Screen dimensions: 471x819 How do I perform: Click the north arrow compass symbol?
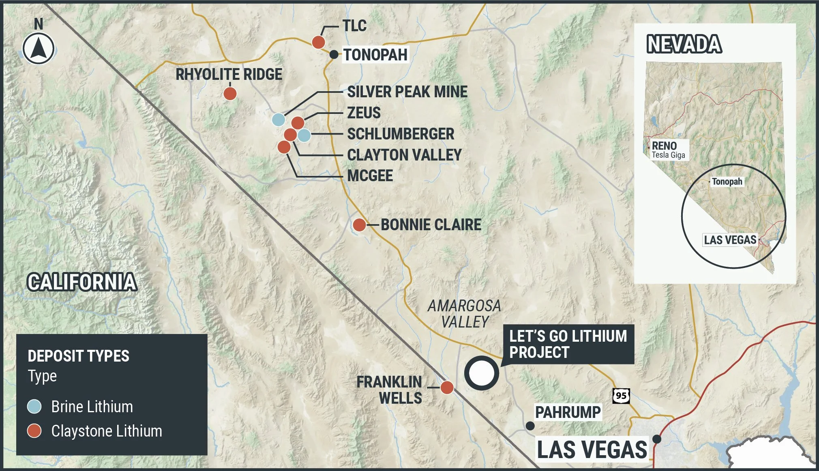(x=39, y=49)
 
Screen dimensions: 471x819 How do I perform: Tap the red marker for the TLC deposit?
(x=318, y=42)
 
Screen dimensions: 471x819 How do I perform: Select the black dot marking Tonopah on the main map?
(x=333, y=54)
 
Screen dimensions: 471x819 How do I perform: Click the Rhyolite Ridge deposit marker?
(x=230, y=94)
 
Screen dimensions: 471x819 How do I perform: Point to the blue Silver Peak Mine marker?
(x=278, y=120)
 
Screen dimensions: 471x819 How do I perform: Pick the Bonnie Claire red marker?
(x=359, y=225)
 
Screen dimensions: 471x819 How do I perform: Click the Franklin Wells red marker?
(x=447, y=388)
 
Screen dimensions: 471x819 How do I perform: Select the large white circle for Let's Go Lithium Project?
(x=481, y=373)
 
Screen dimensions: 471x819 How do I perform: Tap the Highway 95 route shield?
(x=621, y=396)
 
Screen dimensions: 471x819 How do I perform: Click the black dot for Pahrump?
(x=530, y=426)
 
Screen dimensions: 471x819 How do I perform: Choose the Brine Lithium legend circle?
(x=34, y=407)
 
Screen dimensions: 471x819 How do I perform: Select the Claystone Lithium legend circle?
(x=34, y=431)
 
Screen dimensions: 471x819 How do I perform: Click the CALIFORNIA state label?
(x=82, y=282)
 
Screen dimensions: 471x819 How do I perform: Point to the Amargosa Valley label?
(x=464, y=314)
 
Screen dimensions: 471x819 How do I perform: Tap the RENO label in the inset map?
(x=664, y=146)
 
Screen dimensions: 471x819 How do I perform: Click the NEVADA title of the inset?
(x=684, y=44)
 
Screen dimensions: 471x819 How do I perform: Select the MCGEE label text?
(x=370, y=176)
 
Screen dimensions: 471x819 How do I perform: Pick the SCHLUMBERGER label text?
(x=401, y=134)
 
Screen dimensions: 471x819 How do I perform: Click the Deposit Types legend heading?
(x=78, y=356)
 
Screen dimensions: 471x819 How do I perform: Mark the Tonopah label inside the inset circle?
(x=727, y=182)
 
